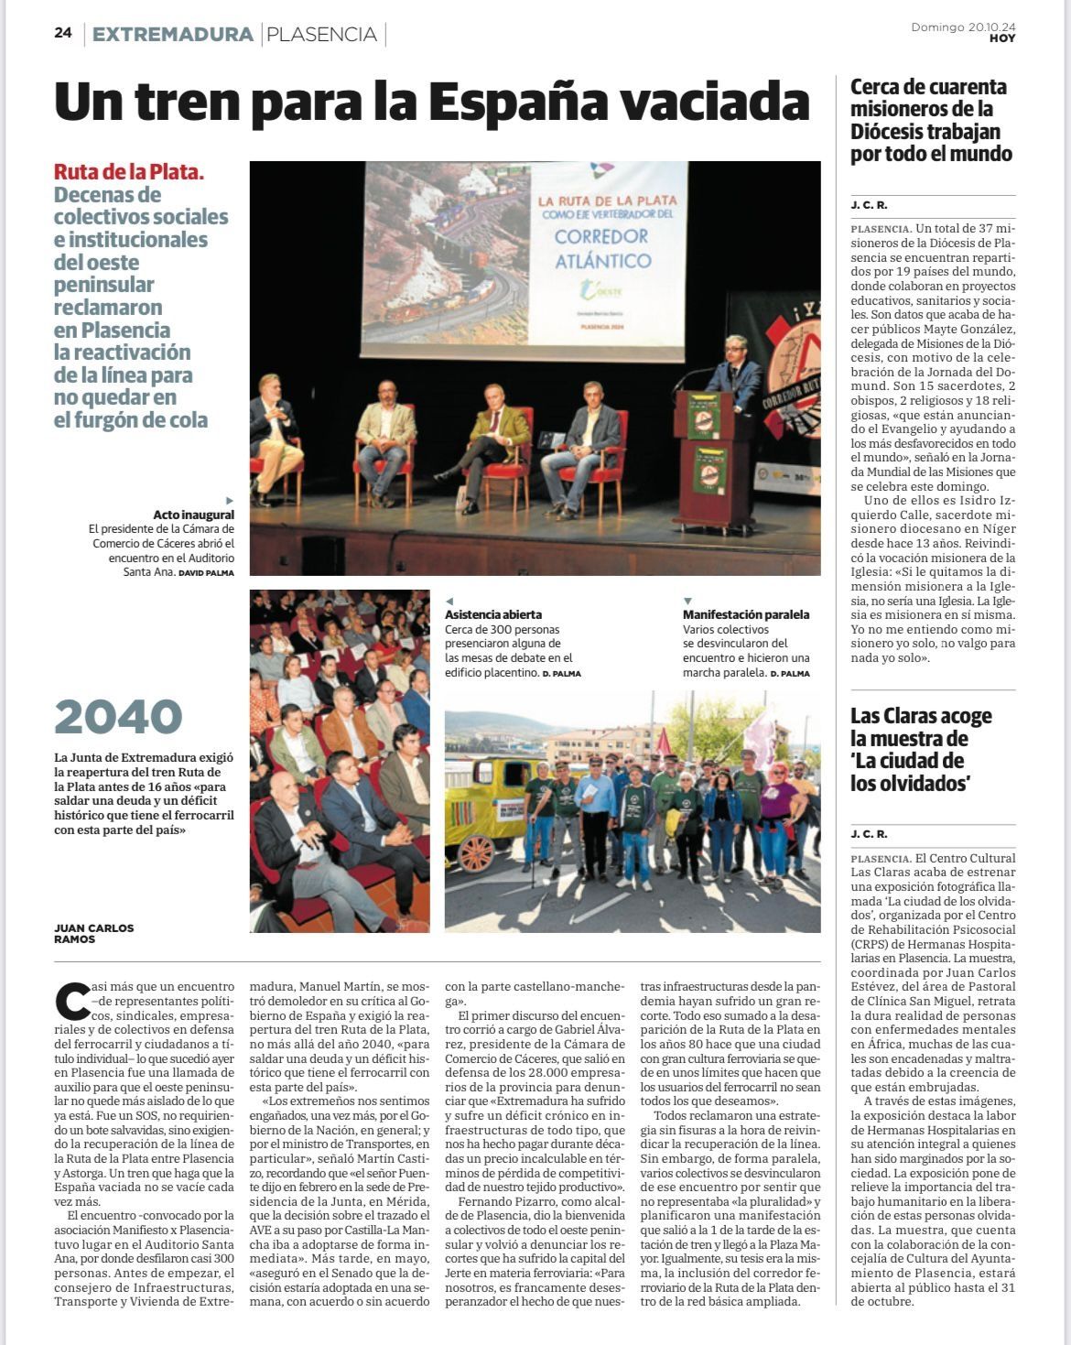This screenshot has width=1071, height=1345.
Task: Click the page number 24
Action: [x=63, y=33]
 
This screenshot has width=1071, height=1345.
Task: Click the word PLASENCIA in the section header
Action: [x=321, y=35]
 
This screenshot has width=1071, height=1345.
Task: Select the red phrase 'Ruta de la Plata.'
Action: [x=129, y=172]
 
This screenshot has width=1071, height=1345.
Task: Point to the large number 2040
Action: [x=118, y=717]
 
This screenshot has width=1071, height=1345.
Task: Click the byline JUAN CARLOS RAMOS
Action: [x=93, y=933]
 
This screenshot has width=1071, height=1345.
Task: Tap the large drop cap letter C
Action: [x=72, y=1002]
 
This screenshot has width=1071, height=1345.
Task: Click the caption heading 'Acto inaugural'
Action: [x=193, y=515]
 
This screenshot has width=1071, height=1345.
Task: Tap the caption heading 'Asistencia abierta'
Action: [x=493, y=614]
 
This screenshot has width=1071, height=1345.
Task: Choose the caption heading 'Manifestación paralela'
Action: [x=746, y=614]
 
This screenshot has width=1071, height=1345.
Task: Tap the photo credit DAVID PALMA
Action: [x=206, y=573]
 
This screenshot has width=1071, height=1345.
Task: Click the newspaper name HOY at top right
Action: [x=1001, y=38]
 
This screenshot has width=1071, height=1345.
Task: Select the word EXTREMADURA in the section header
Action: [x=173, y=35]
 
